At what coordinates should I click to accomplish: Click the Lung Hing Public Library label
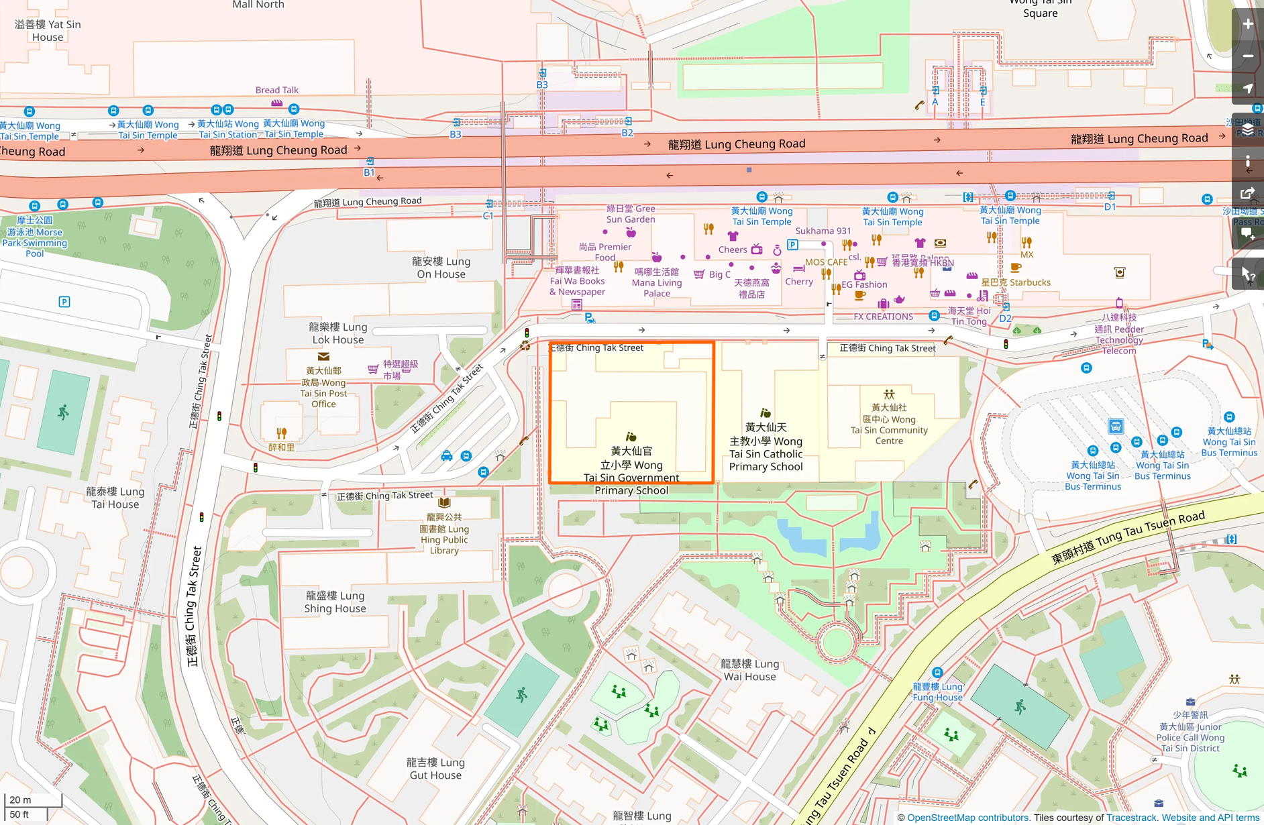pos(444,534)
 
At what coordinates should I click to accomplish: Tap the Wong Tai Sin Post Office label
pos(323,388)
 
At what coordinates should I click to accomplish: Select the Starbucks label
pos(1016,282)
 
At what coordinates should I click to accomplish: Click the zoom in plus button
pos(1247,24)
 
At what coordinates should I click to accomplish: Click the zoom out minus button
pos(1247,56)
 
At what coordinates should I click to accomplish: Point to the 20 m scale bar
pos(33,800)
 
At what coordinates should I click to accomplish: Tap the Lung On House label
pos(441,268)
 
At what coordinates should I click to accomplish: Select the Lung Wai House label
pos(749,670)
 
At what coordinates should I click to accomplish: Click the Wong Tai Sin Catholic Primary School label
pos(766,447)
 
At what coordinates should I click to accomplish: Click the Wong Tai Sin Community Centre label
pos(889,424)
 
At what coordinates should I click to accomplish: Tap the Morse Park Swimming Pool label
pos(35,237)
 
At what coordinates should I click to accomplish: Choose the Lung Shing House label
pos(335,602)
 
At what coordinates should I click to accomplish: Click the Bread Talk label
pos(276,90)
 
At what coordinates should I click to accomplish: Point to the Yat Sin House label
pos(48,31)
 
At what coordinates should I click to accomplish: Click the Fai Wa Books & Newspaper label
pos(577,281)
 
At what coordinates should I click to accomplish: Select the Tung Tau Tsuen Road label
pos(1127,537)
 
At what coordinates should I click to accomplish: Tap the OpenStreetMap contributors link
pos(967,818)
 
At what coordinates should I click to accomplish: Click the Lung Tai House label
pos(115,498)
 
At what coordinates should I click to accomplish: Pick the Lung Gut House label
pos(435,769)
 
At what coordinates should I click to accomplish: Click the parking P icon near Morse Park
pos(64,302)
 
